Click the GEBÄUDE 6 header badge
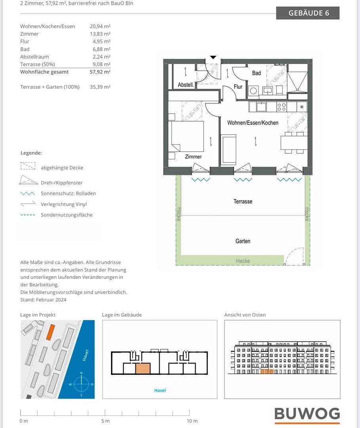(308, 13)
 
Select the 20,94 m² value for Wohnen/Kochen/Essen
(100, 26)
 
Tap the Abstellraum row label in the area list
(34, 57)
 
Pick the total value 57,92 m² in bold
(100, 72)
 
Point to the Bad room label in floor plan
(256, 73)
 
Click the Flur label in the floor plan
(238, 86)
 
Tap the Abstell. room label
(185, 85)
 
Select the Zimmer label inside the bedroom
(193, 157)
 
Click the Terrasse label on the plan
(243, 201)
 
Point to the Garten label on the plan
(243, 241)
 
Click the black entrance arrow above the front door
(213, 57)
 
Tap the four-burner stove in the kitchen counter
(282, 107)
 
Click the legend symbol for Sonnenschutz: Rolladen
(28, 193)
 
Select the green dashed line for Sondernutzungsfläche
(28, 215)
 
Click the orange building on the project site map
(50, 332)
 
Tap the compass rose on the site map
(81, 384)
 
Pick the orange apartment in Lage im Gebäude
(143, 369)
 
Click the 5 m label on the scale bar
(105, 421)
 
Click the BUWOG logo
(307, 414)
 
